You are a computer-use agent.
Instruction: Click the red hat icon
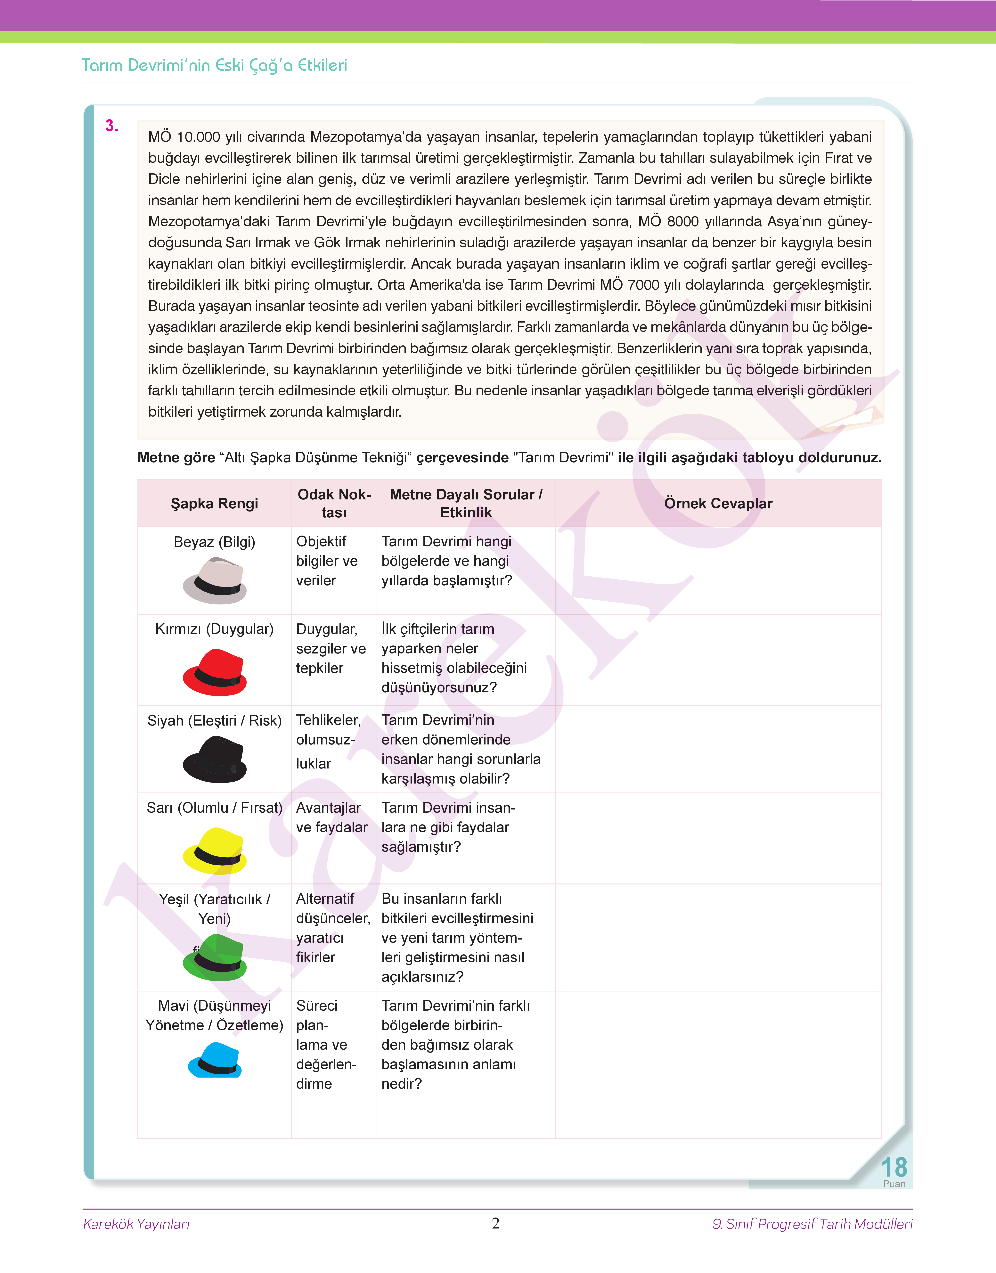tap(215, 672)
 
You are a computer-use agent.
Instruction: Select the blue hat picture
tap(215, 1060)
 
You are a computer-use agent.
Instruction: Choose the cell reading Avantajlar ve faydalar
tap(332, 817)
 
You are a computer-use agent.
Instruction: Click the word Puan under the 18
tap(894, 1184)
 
